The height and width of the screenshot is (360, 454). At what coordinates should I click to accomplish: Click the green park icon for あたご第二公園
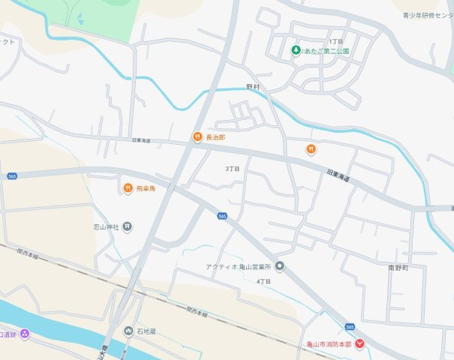pyautogui.click(x=296, y=50)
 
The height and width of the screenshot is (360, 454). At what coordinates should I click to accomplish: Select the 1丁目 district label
pyautogui.click(x=335, y=41)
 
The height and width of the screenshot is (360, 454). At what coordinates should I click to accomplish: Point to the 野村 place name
pyautogui.click(x=253, y=87)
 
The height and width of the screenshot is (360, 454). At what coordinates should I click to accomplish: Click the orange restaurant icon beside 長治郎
pyautogui.click(x=196, y=137)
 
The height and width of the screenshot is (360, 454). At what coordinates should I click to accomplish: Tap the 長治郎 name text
pyautogui.click(x=215, y=138)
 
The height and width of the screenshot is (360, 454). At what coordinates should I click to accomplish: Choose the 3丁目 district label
pyautogui.click(x=233, y=169)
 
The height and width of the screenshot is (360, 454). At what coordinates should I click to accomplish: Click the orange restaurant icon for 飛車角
pyautogui.click(x=128, y=187)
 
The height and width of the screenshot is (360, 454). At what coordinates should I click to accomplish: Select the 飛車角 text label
pyautogui.click(x=146, y=188)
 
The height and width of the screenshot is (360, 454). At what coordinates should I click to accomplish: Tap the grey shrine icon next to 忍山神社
pyautogui.click(x=128, y=226)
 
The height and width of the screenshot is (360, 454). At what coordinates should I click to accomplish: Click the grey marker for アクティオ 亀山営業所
pyautogui.click(x=280, y=266)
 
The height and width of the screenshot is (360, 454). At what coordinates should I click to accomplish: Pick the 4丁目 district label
pyautogui.click(x=263, y=281)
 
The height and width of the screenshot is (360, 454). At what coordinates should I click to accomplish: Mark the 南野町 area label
pyautogui.click(x=398, y=267)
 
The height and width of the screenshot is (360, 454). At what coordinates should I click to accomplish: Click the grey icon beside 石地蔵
pyautogui.click(x=128, y=331)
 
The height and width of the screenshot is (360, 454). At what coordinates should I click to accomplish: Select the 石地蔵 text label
pyautogui.click(x=146, y=331)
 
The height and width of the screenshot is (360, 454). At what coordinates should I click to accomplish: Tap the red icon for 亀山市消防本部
pyautogui.click(x=360, y=343)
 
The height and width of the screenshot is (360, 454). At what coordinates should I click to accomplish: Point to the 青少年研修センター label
pyautogui.click(x=428, y=14)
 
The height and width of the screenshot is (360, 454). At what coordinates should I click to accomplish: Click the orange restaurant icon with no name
pyautogui.click(x=311, y=149)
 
